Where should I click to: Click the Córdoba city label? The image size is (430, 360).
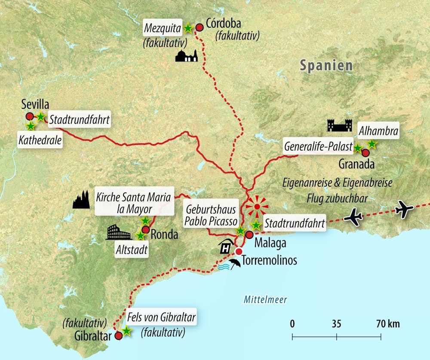pos(229,22)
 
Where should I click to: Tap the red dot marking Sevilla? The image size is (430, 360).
pos(30,116)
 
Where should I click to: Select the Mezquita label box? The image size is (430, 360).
pos(163,29)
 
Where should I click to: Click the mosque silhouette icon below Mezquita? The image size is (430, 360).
pos(187,55)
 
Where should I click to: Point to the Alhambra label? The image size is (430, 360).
pos(378,130)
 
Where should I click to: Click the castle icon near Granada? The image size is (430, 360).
pos(340,125)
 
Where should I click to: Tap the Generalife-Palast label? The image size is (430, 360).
pos(318,147)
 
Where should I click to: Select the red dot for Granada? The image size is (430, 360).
pos(365,153)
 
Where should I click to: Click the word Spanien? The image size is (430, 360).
pos(326,65)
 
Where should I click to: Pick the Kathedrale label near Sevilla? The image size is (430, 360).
pos(40,140)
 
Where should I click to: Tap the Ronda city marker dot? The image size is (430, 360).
pos(145,230)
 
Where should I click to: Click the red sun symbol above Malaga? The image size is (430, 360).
pos(257,207)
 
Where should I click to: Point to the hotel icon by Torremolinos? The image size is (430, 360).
pos(225,247)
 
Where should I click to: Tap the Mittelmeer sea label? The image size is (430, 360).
pos(265,300)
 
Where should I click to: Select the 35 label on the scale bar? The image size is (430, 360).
pos(336,324)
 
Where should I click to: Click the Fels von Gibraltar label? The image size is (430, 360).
pos(162,318)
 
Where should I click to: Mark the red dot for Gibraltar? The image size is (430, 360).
pos(119,336)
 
